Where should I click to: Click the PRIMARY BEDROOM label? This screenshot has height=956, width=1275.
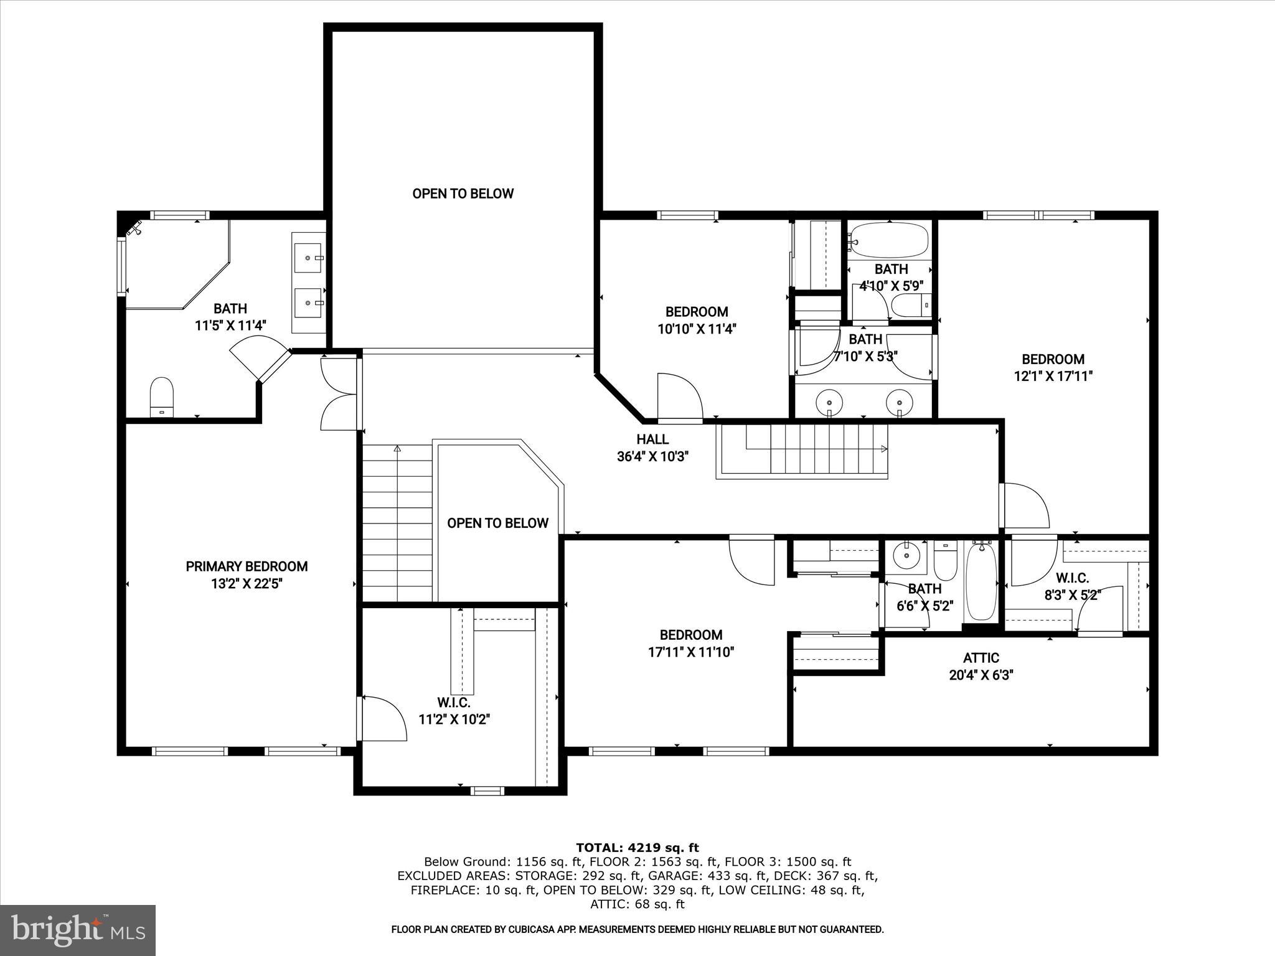click(x=247, y=566)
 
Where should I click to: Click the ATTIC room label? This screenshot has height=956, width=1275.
click(x=981, y=658)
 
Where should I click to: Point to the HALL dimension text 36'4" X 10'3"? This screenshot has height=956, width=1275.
click(x=652, y=457)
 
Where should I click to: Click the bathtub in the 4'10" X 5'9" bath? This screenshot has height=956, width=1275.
click(x=890, y=240)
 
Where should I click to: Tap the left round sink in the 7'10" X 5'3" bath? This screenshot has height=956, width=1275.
click(x=829, y=399)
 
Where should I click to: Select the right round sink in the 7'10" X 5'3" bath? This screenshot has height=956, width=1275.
click(x=899, y=399)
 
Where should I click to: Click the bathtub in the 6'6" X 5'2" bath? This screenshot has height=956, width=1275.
click(x=981, y=580)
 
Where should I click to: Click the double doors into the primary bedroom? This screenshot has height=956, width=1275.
click(x=337, y=393)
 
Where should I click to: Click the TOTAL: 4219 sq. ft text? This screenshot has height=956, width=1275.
click(x=637, y=848)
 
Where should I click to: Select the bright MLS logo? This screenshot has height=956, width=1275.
click(x=78, y=930)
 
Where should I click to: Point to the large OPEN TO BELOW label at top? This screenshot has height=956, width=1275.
click(x=463, y=194)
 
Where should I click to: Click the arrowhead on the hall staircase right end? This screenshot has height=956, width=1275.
click(x=885, y=448)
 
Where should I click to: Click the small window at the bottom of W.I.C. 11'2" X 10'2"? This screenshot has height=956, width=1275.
click(x=487, y=791)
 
